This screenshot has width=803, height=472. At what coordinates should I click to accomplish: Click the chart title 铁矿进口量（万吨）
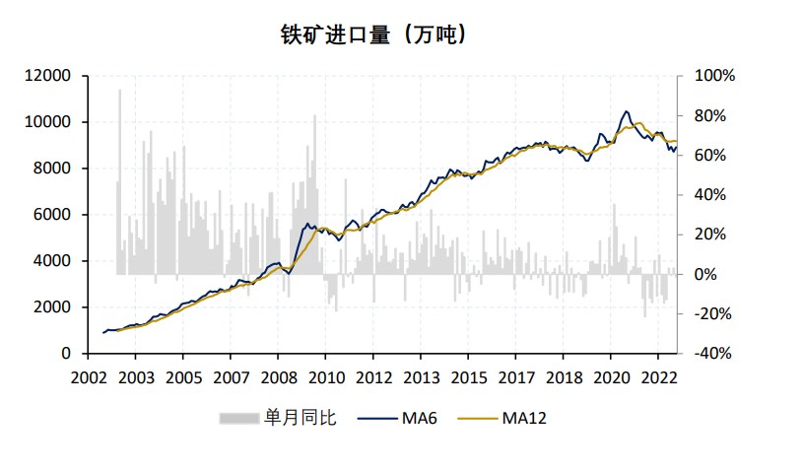coord(373,34)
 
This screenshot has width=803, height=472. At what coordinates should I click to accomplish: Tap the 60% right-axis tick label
coord(709,156)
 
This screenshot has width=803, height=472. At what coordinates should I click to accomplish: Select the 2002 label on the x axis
coord(89,377)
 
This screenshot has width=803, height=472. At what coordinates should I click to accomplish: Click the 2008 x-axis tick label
coord(279,377)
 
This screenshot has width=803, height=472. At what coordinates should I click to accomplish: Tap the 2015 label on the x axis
coord(469,377)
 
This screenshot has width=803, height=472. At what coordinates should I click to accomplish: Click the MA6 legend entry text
coord(420,418)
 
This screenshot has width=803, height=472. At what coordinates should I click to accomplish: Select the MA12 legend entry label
coord(523,418)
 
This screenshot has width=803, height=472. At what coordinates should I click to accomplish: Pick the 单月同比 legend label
coord(300,418)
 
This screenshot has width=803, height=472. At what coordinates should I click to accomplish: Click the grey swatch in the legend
coord(237,418)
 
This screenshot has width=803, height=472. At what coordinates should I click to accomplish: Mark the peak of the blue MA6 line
coord(626,112)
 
